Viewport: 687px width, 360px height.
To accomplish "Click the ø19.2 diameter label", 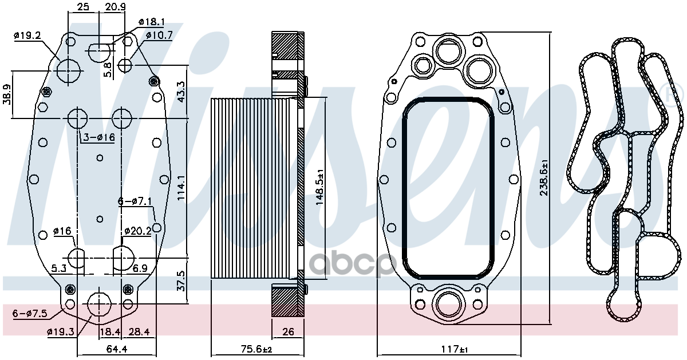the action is click(x=27, y=35).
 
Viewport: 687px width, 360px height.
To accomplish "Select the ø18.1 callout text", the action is click(x=152, y=22).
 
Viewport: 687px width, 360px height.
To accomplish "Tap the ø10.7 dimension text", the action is click(x=159, y=35).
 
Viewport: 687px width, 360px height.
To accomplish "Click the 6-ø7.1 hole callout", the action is click(x=135, y=201).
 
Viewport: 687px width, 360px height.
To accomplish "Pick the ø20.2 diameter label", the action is click(x=138, y=231).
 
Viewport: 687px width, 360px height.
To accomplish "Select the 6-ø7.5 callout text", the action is click(x=30, y=313).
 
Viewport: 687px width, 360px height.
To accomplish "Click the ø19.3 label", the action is click(x=61, y=331).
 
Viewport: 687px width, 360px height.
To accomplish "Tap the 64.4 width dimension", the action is click(x=117, y=349).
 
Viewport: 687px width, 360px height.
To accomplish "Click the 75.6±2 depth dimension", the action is click(x=256, y=349).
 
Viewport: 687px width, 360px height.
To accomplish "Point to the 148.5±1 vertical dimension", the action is click(x=319, y=187).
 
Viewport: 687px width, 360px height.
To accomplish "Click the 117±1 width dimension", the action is click(x=455, y=349).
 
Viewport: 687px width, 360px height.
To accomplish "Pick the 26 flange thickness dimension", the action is click(x=288, y=331).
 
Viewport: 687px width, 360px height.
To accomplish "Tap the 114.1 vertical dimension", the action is click(x=181, y=188).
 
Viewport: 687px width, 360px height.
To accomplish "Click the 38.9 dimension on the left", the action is click(x=7, y=94).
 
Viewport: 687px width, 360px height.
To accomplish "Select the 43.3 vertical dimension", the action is click(x=181, y=92).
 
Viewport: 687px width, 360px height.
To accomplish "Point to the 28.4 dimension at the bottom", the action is click(x=139, y=331).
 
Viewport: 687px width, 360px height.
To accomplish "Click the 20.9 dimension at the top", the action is click(x=115, y=6).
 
